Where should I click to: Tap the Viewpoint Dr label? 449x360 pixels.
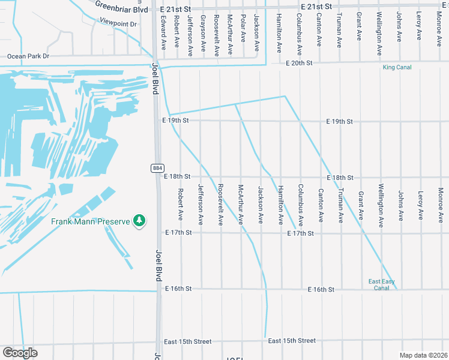click(118, 24)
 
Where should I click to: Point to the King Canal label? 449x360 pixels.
click(397, 67)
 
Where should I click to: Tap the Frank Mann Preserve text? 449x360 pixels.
click(90, 221)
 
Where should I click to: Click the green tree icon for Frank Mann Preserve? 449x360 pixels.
click(139, 221)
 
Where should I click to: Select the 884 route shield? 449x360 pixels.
click(155, 169)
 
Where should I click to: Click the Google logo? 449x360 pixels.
click(20, 353)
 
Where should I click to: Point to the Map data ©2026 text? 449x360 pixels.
click(423, 355)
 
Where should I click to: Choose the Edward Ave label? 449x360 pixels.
click(163, 32)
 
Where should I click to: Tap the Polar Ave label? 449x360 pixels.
click(243, 28)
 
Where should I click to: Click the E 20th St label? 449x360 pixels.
click(299, 62)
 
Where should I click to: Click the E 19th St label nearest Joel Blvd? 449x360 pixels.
click(175, 121)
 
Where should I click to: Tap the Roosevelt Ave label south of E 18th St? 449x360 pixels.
click(220, 205)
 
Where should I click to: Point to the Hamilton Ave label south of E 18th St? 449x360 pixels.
click(280, 205)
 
